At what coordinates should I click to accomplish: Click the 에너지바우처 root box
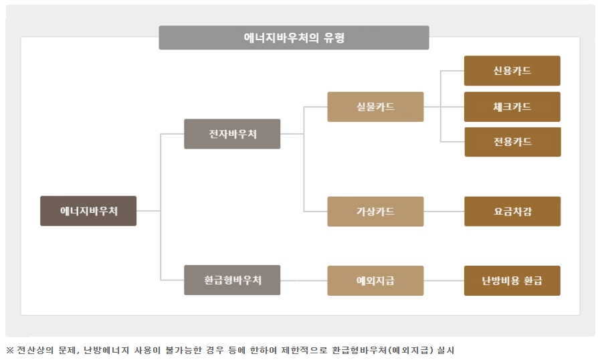88,211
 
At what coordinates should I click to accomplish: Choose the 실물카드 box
375,107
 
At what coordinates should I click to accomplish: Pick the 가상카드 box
375,211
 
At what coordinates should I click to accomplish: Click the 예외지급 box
375,280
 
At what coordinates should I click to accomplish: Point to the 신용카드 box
512,71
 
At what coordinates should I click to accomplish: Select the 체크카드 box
512,107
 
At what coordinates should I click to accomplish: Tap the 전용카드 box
512,142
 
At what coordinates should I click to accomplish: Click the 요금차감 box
512,211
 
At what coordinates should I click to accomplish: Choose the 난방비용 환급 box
512,280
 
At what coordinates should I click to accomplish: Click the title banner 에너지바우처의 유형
294,38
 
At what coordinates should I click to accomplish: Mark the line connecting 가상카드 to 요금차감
443,211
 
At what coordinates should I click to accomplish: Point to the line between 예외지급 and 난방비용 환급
443,280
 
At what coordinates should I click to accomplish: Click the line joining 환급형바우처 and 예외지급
304,280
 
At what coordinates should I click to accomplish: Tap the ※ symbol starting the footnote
9,350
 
